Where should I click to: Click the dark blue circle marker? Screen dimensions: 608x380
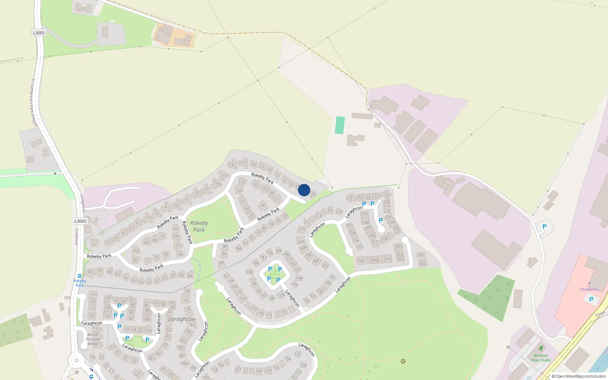pos(304,190)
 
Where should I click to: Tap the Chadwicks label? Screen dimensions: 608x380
pos(589,289)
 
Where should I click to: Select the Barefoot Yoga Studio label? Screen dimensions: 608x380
pos(540,358)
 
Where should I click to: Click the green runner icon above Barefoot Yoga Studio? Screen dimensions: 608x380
pos(541,348)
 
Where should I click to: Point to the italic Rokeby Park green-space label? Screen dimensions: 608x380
pos(199,226)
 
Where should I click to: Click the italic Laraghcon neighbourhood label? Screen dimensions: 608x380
pos(182,319)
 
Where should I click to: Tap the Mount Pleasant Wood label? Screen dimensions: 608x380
pos(93,339)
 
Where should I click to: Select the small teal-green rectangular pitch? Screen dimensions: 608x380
pos(340,125)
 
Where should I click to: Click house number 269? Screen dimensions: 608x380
pos(423,264)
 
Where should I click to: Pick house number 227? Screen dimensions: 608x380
pos(388,195)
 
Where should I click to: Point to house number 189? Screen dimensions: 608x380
pos(279,251)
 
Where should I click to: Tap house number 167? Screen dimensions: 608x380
pos(226,276)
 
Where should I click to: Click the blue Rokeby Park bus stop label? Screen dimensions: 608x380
pos(79,283)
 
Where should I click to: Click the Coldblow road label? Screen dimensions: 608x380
pos(76,236)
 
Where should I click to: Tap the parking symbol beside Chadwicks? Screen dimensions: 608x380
pos(591,299)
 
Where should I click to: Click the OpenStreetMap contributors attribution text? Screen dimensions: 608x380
pos(579,376)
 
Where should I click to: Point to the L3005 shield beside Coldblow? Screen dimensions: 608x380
pos(80,221)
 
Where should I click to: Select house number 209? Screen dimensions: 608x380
pos(301,242)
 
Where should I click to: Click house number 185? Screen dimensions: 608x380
pos(250,272)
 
